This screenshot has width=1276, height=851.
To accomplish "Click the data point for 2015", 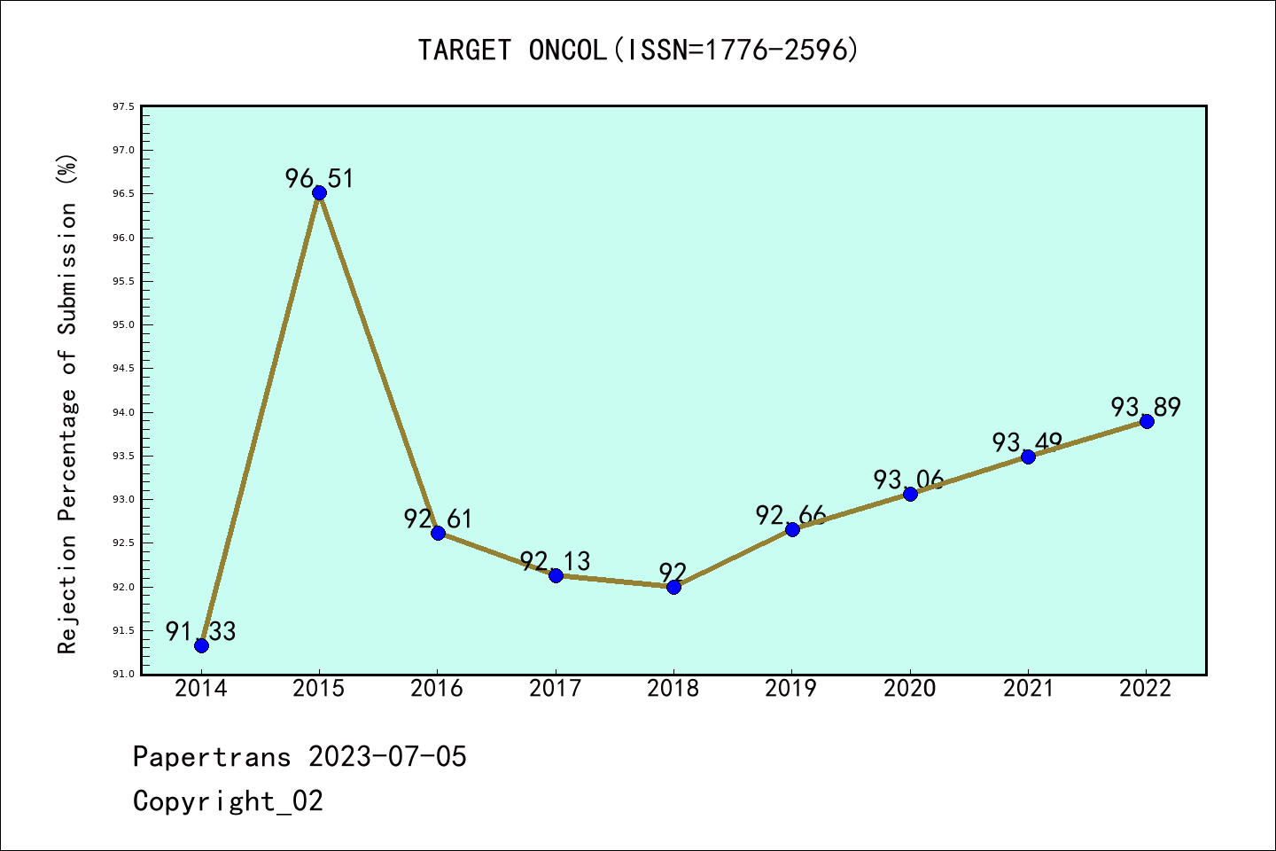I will coord(319,193).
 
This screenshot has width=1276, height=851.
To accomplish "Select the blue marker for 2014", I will coord(201,645).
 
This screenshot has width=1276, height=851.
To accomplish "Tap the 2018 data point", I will coord(673,587).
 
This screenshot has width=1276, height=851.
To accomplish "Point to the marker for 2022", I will coord(1147,421).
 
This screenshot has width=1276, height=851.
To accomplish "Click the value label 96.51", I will coord(319,179).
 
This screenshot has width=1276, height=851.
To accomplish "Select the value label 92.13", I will coord(555,561).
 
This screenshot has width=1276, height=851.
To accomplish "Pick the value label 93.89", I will coord(1146,407).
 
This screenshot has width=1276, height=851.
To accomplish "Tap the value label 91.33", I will coord(201,631).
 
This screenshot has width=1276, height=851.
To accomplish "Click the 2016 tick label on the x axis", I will coord(437,689).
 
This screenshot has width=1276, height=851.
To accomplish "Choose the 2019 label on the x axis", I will coord(791,689).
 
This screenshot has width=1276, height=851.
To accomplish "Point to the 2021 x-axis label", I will coord(1028,689).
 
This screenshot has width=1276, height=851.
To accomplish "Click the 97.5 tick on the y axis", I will coord(123,107).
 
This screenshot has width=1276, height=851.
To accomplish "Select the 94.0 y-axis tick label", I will coord(123,412).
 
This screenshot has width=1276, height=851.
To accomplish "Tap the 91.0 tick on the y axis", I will coord(123,674).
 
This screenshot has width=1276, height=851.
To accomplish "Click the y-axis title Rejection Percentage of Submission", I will coord(68,403).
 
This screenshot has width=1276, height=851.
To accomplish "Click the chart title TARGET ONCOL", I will coord(638,51).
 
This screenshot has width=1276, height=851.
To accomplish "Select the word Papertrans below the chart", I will coord(212,757).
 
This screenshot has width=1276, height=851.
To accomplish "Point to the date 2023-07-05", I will coord(387,757).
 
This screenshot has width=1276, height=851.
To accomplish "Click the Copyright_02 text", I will coord(228,801).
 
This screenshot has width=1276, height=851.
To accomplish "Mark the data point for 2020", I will coord(910,494).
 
